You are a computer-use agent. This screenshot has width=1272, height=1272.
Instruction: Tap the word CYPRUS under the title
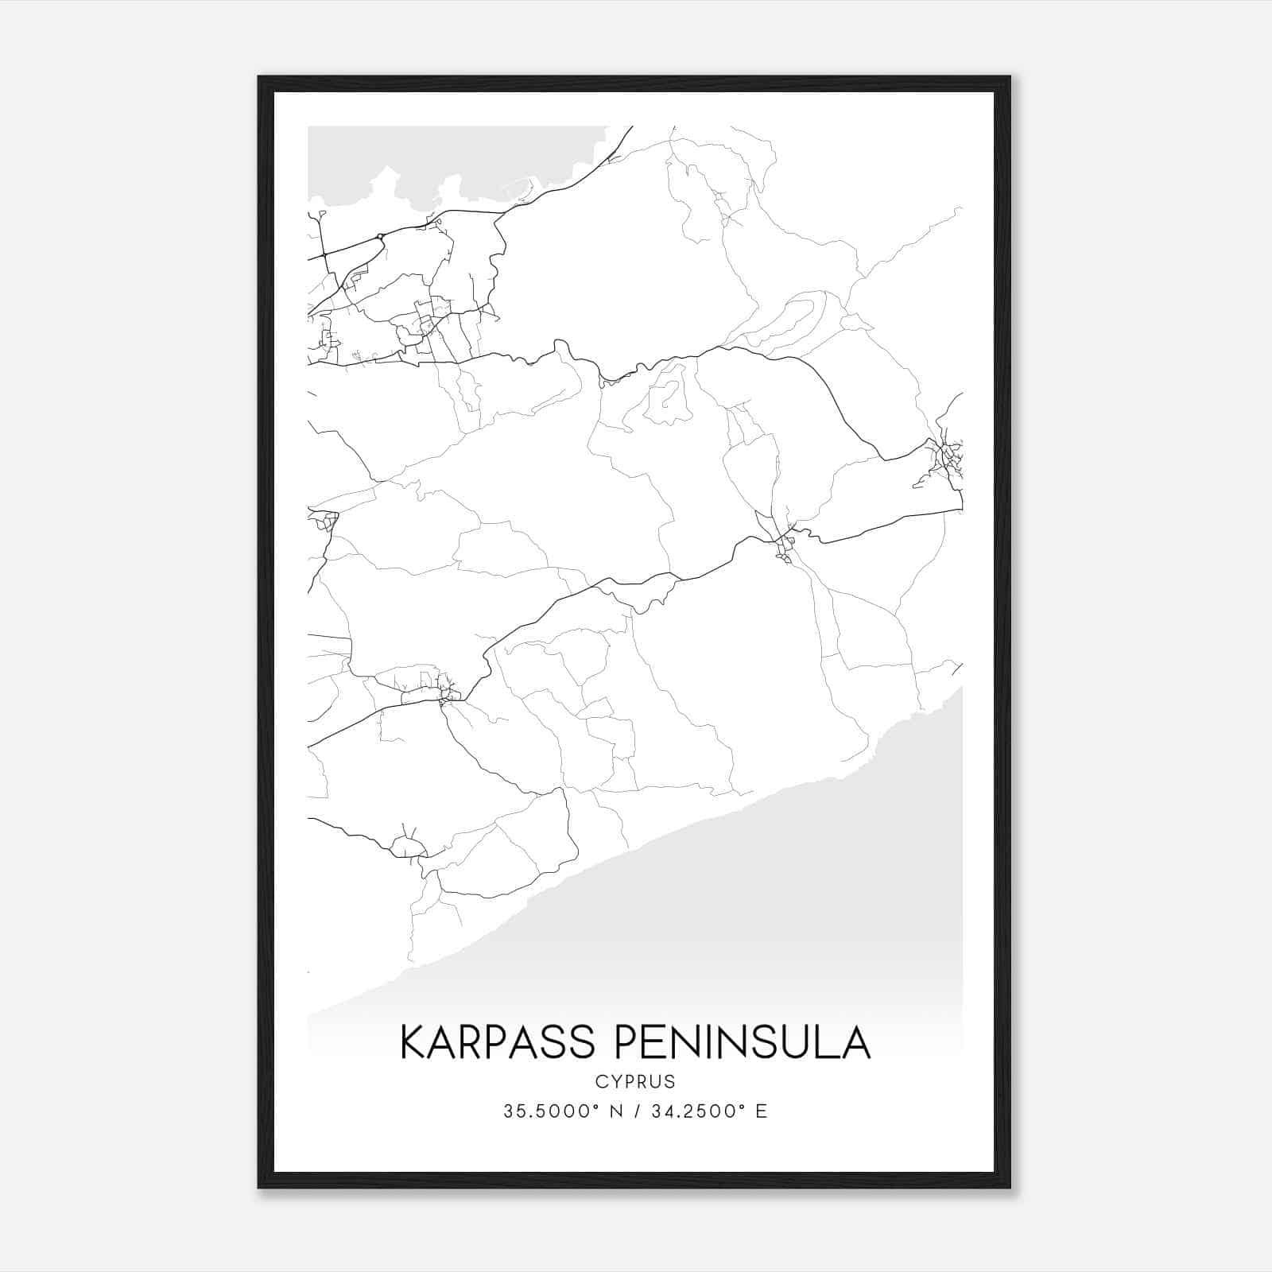click(634, 1082)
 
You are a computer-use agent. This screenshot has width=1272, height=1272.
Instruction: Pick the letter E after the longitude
click(762, 1111)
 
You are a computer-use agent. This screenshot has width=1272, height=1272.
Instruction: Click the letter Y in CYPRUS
click(612, 1082)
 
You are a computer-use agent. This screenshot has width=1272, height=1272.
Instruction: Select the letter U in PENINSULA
click(801, 1042)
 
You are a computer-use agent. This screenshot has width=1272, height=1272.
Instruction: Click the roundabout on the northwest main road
click(380, 236)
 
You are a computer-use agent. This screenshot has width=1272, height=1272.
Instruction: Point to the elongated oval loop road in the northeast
click(787, 322)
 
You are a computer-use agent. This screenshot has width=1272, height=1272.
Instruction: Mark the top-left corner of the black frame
click(259, 77)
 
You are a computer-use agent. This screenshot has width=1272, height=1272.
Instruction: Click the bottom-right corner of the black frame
click(1010, 1188)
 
